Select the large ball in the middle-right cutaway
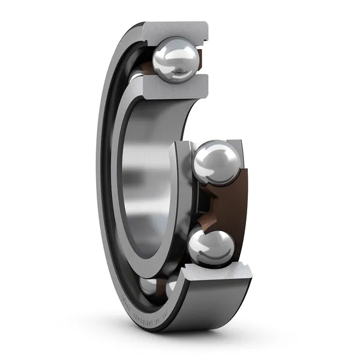(217, 162)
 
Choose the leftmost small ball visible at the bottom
(148, 285)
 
